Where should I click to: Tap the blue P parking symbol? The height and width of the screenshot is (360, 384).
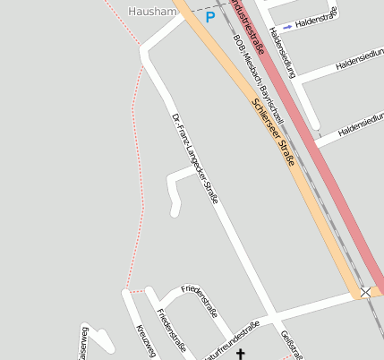(x=210, y=17)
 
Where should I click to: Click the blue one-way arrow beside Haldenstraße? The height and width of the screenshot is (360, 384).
(x=286, y=27)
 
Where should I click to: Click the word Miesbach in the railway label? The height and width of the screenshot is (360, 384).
(x=252, y=69)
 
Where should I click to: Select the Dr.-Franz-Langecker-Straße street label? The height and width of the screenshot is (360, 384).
(x=194, y=157)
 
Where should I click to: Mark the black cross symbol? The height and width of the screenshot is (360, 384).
(x=240, y=355)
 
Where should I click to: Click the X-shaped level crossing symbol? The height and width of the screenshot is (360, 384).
(x=365, y=292)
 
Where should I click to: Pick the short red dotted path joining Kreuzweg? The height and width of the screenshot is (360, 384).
(x=135, y=291)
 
